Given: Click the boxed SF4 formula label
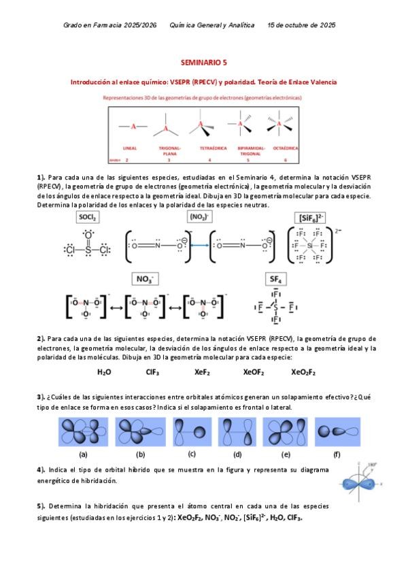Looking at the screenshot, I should pos(275,279).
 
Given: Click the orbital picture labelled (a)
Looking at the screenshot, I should pos(82,432).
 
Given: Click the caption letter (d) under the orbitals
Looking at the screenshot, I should pos(237,455).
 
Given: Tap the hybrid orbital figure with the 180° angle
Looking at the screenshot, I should pos(364,480).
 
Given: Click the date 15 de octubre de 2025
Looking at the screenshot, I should pos(301,24).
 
